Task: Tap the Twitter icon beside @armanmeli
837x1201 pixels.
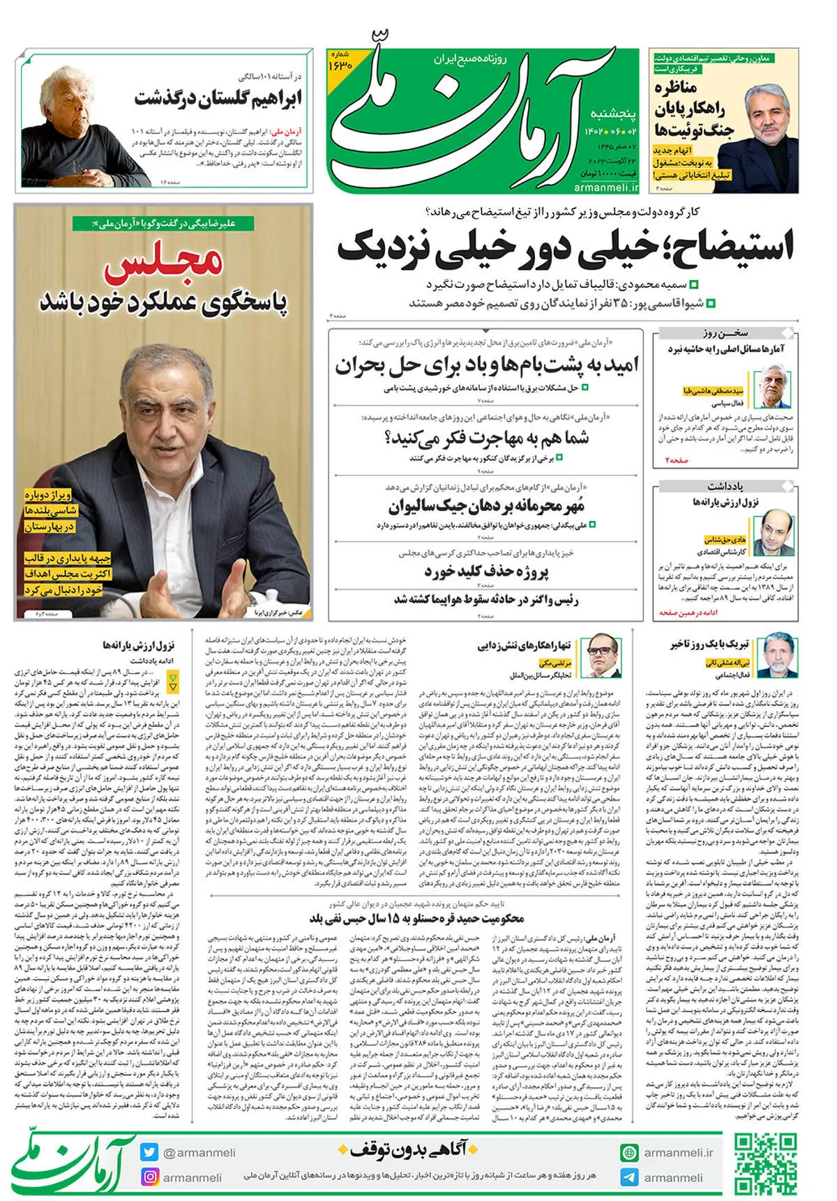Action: (x=149, y=1152)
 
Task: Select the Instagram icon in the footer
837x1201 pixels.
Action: (x=149, y=1177)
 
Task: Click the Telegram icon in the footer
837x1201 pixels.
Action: (x=630, y=1177)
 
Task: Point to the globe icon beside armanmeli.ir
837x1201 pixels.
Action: (x=630, y=1152)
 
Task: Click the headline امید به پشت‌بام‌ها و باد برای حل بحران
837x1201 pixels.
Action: (x=486, y=365)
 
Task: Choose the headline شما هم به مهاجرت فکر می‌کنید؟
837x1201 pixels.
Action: (x=486, y=438)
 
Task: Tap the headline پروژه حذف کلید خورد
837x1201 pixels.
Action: (x=486, y=572)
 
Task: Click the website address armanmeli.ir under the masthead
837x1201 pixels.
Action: (x=605, y=187)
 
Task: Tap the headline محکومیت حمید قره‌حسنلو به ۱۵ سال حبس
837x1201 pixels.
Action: (x=416, y=918)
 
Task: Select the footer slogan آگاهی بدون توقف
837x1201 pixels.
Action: (x=408, y=1149)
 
